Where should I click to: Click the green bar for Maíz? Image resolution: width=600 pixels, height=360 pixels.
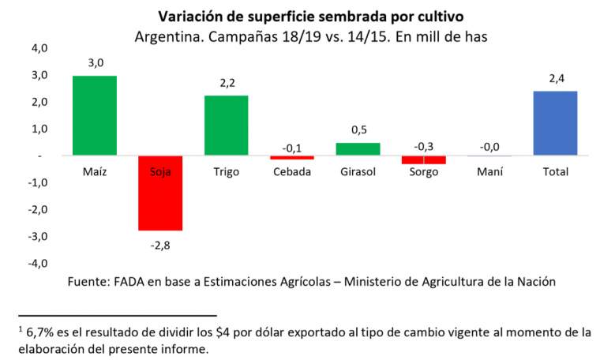tap(95, 115)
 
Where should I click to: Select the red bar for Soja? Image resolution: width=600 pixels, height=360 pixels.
tap(160, 193)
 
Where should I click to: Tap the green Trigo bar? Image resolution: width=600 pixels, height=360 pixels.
tap(227, 126)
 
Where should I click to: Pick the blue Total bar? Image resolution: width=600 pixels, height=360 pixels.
tap(555, 123)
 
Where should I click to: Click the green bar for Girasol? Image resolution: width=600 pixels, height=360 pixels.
tap(358, 149)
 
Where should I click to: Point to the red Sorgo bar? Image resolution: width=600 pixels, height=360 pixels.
tap(423, 159)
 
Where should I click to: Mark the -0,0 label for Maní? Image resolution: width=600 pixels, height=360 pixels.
tap(489, 144)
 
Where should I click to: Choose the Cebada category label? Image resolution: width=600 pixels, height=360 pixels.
tap(292, 171)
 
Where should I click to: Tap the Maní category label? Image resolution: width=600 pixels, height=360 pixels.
tap(489, 171)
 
